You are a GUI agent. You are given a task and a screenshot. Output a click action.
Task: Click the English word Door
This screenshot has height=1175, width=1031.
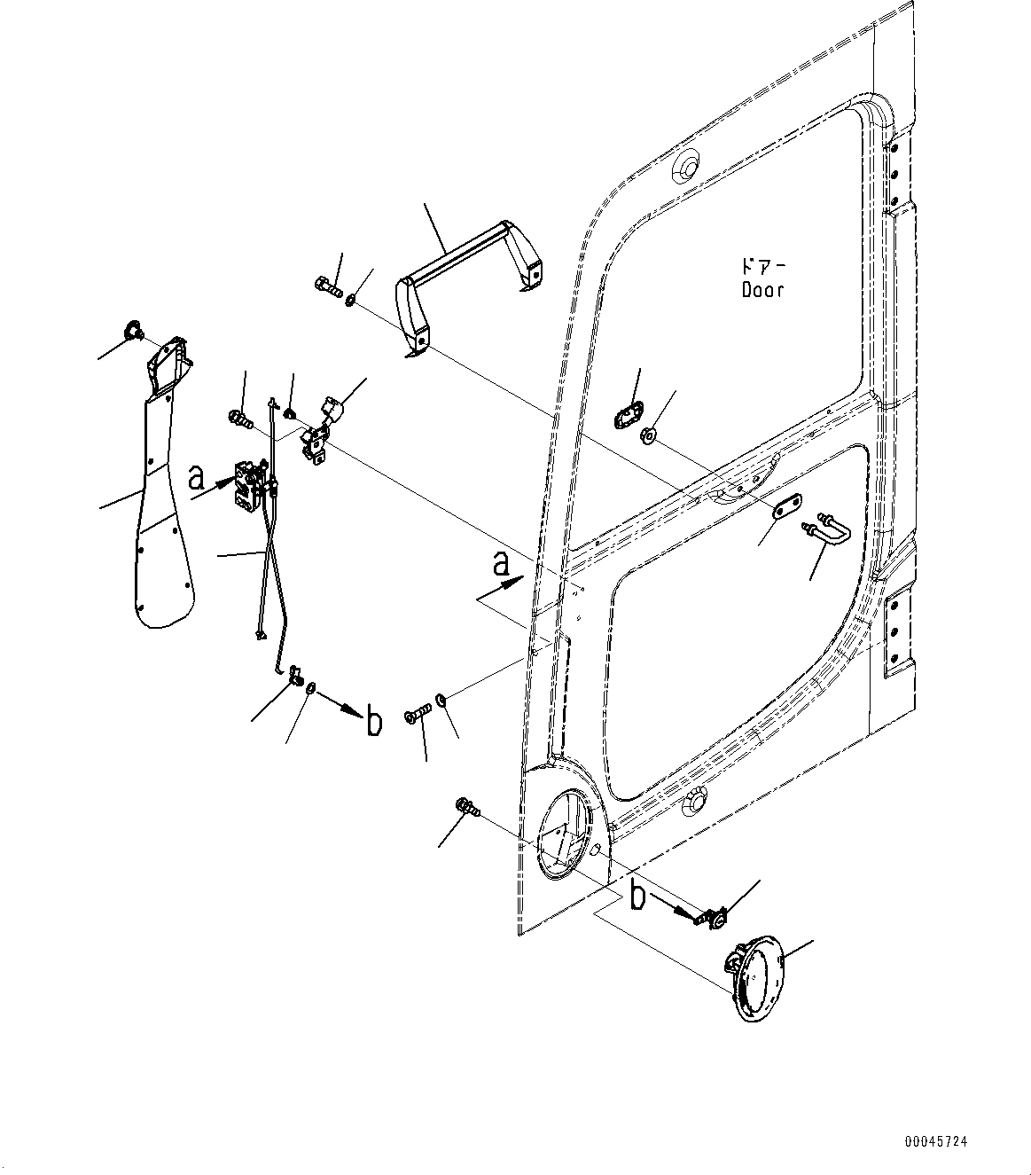coord(762,290)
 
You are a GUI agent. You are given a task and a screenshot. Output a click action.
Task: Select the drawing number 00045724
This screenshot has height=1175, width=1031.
coord(936,1142)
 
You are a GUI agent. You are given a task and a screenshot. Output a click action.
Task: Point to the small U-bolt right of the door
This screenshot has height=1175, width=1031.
coord(827,531)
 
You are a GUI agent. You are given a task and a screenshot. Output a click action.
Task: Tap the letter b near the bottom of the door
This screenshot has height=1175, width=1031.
coord(638,896)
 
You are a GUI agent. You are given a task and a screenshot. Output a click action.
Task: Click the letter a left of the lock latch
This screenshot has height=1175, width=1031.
coord(197,479)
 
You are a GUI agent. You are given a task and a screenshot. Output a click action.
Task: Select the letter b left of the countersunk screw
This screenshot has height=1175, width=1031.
coord(374,723)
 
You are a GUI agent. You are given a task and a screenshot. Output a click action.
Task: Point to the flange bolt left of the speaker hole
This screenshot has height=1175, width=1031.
coord(466,807)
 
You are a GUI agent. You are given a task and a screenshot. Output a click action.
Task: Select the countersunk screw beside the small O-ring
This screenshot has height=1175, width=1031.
coord(417,712)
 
